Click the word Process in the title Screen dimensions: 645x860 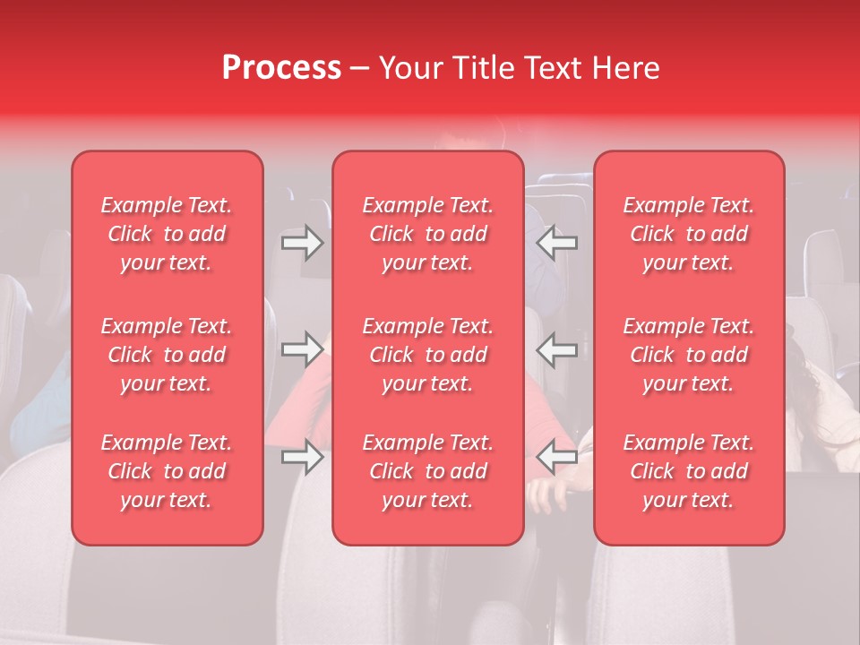(x=281, y=68)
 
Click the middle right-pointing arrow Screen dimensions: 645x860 (x=302, y=350)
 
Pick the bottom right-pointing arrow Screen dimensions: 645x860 (x=302, y=458)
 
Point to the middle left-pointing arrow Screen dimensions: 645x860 (x=557, y=350)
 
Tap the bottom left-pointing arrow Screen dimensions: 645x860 (x=557, y=458)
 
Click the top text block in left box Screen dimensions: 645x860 (x=167, y=234)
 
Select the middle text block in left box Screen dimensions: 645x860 (x=167, y=355)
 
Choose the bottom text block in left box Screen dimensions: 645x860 (x=167, y=471)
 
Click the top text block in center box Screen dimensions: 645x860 (x=428, y=234)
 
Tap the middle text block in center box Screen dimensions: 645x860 (x=428, y=355)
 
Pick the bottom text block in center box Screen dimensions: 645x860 (x=428, y=471)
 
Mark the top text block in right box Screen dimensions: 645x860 (x=689, y=234)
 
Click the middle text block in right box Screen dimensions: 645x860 (x=689, y=355)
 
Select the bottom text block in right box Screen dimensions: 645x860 (x=689, y=471)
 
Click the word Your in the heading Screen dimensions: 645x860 (x=411, y=68)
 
